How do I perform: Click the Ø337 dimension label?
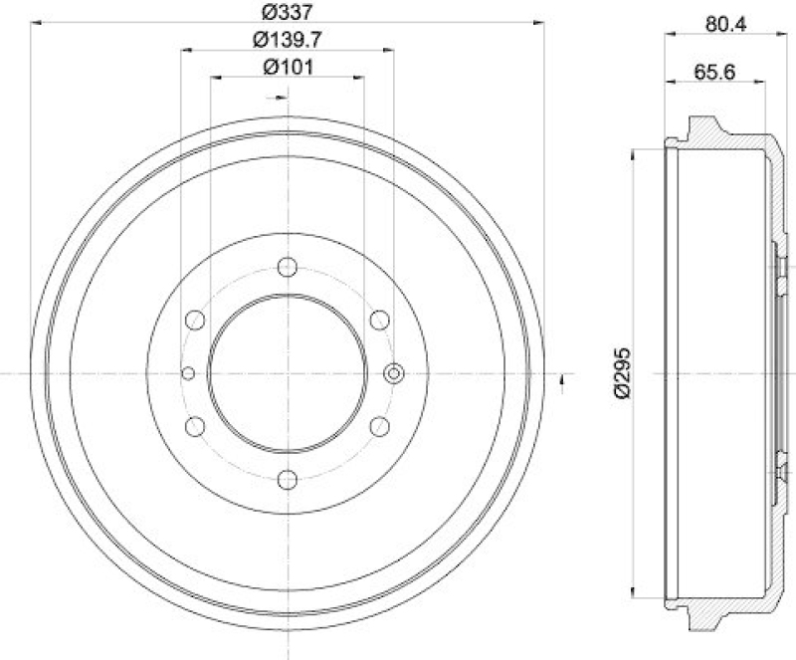tap(288, 12)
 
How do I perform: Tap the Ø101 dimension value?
tap(288, 68)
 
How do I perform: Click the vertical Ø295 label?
tap(620, 373)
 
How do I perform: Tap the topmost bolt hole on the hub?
tap(288, 266)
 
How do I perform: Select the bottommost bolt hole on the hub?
tap(288, 480)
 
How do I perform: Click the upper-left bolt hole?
tap(195, 320)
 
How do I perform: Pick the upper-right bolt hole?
tap(379, 320)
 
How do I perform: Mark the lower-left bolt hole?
tap(195, 426)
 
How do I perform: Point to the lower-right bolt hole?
tap(379, 426)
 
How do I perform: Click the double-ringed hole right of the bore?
tap(393, 373)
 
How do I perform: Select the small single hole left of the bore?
tap(188, 373)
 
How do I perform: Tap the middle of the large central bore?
tap(288, 373)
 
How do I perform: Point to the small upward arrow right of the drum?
tap(564, 379)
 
